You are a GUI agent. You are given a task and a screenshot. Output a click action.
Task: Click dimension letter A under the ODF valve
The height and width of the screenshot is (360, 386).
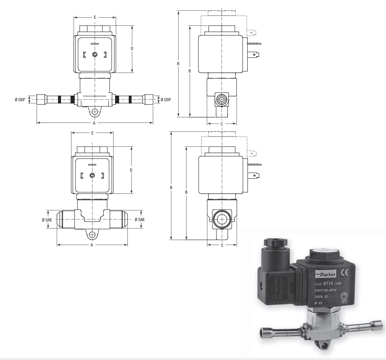pos(94,123)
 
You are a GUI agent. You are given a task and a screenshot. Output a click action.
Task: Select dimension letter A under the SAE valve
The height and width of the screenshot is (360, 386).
pos(92,245)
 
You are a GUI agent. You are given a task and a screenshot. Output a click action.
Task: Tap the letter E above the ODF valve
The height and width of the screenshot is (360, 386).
pos(95,16)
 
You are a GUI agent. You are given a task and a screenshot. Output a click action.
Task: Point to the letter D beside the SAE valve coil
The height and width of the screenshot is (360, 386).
pos(131,170)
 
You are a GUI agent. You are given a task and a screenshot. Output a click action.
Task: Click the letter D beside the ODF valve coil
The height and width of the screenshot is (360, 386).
pos(132,49)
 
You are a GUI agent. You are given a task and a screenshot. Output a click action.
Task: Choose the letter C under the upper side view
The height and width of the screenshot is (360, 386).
pos(222,124)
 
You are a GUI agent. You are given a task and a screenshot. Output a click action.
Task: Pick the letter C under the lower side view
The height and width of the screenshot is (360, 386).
pos(222,245)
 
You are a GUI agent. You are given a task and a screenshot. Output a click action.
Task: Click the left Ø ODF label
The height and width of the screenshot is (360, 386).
pos(20,100)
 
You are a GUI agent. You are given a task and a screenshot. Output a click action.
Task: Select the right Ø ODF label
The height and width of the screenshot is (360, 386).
pos(166,100)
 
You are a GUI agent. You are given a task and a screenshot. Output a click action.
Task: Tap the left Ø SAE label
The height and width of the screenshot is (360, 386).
pos(42,219)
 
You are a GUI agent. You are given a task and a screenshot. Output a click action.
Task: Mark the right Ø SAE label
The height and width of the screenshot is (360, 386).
pos(140,219)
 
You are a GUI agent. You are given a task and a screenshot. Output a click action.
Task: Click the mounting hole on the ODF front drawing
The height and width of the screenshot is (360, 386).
pos(95,112)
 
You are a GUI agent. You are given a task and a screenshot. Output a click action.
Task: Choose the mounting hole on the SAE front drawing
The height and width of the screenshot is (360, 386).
pos(92,234)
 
